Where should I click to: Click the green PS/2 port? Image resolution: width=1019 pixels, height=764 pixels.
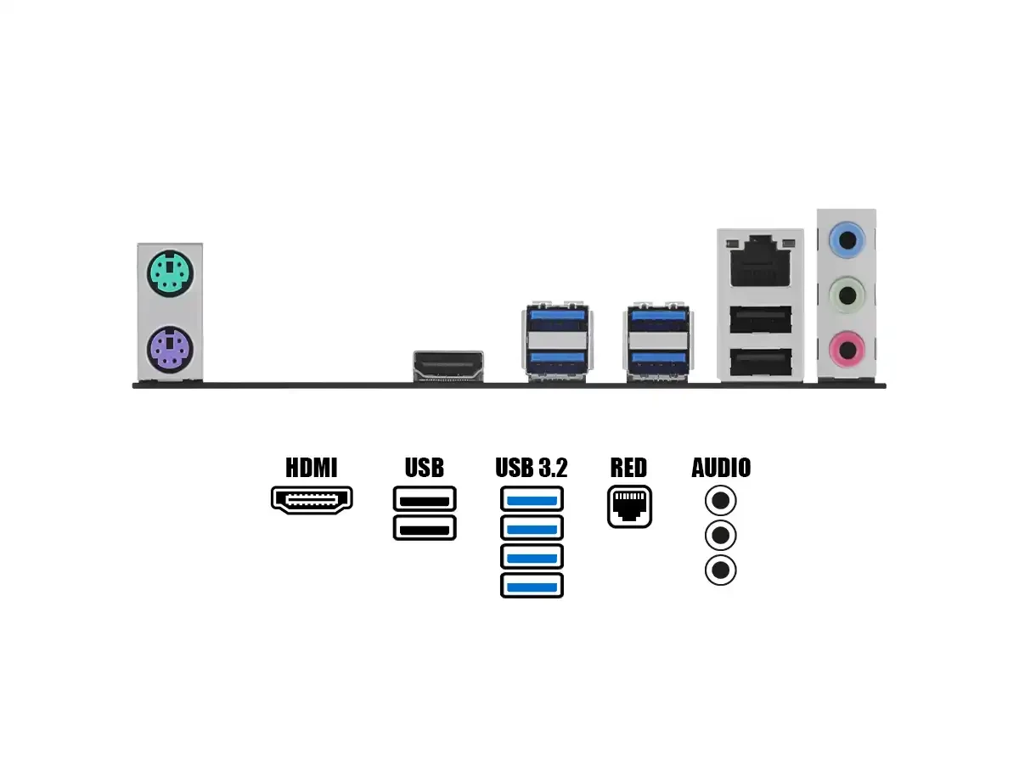[170, 273]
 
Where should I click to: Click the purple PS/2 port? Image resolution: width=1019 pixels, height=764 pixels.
[170, 349]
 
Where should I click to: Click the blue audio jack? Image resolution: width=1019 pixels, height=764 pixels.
[847, 241]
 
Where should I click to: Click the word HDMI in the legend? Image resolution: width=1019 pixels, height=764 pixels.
[311, 468]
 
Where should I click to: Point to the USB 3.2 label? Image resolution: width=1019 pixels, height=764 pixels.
[532, 468]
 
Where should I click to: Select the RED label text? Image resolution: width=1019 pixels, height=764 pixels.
[628, 468]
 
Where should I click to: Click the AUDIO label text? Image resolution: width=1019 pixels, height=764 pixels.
[721, 468]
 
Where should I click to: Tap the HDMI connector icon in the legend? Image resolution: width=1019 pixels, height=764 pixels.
[312, 500]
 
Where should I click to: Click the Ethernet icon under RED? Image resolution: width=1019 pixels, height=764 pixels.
[629, 507]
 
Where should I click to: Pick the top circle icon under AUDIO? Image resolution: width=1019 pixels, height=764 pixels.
[721, 501]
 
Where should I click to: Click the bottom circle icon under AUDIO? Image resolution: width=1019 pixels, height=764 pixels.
[721, 570]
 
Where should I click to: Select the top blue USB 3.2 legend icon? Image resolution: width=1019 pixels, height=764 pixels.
[532, 499]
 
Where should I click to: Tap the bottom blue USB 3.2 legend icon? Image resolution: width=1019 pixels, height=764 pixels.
[532, 585]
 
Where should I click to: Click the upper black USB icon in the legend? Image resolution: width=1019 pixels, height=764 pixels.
[425, 498]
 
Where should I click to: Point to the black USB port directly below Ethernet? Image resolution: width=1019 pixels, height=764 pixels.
[761, 319]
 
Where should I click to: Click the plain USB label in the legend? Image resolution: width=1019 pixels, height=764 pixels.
[425, 468]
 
